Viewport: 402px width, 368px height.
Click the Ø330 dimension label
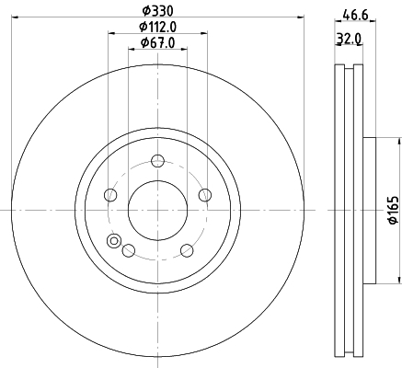[x=157, y=11]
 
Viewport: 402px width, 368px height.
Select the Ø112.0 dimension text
[x=157, y=27]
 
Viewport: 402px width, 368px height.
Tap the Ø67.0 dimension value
[x=157, y=43]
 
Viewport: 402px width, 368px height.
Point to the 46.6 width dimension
[x=355, y=15]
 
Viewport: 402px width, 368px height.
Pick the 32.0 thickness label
[x=349, y=39]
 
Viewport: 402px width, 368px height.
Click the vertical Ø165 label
[x=394, y=210]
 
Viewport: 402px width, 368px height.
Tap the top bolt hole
[x=158, y=161]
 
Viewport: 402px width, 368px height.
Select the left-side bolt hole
[x=110, y=195]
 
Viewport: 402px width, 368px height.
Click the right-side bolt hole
[x=205, y=195]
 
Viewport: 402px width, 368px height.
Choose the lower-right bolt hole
[x=187, y=250]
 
